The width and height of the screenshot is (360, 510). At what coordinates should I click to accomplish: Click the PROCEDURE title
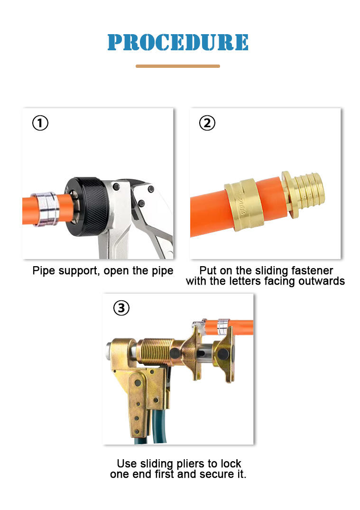(178, 42)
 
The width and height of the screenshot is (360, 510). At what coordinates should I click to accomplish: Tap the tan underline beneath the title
(177, 66)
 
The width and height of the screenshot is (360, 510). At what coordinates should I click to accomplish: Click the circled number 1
(40, 123)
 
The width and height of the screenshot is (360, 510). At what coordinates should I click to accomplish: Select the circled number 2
(207, 123)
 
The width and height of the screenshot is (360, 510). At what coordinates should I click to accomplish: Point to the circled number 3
(121, 308)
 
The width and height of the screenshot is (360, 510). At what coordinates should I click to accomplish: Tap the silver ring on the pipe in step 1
(46, 210)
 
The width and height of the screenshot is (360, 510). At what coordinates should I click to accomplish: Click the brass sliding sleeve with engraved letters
(241, 204)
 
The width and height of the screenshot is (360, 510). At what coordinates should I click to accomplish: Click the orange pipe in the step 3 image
(240, 327)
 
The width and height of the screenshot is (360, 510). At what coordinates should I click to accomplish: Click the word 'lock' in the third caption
(231, 464)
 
